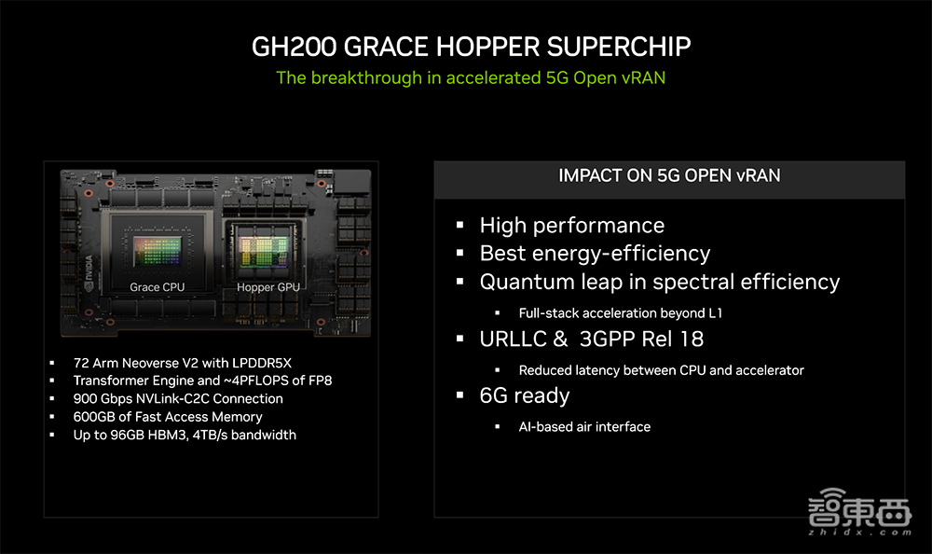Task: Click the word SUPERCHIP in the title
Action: tap(618, 47)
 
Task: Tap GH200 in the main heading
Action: tap(295, 47)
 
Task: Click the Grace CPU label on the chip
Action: tap(157, 287)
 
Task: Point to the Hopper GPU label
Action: tap(268, 287)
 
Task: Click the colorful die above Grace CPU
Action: tap(158, 251)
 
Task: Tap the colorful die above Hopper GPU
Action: tap(264, 251)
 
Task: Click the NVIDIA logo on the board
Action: tap(89, 273)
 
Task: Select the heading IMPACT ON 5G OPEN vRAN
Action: tap(669, 175)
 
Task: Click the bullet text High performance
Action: tap(572, 226)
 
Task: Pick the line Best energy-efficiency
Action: tap(595, 254)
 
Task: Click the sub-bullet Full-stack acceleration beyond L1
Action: tap(620, 313)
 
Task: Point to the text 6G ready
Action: tap(524, 395)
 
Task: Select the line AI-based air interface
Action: tap(584, 426)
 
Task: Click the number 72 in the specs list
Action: tap(80, 363)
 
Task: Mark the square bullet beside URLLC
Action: tap(460, 339)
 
